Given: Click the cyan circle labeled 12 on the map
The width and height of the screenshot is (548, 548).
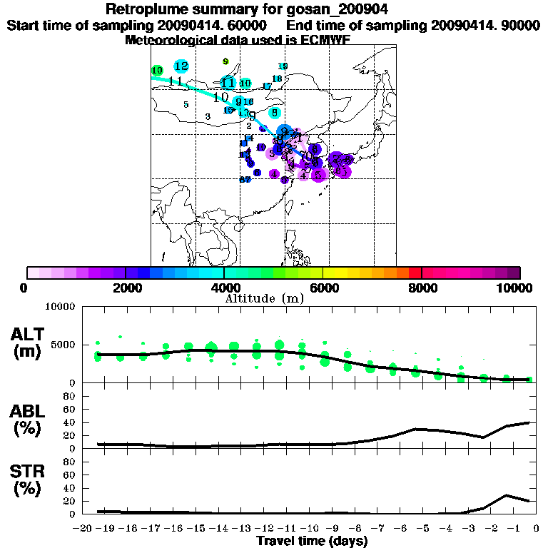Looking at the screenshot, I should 181,66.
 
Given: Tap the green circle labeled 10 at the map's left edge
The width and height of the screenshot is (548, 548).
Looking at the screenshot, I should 157,71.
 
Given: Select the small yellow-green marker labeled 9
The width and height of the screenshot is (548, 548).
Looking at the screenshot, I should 225,61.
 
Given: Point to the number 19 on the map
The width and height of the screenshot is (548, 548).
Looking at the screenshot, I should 283,66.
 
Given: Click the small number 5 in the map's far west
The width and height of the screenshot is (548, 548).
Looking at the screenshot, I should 186,105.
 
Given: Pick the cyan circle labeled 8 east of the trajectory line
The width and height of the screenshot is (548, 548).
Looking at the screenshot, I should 274,112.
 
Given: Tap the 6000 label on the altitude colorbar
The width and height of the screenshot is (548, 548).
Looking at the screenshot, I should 323,288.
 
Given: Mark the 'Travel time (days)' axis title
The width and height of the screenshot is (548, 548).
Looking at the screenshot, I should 312,541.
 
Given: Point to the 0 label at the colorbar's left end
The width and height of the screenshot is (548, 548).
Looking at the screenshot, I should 25,288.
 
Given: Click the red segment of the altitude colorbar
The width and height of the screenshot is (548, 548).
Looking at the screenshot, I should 415,273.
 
